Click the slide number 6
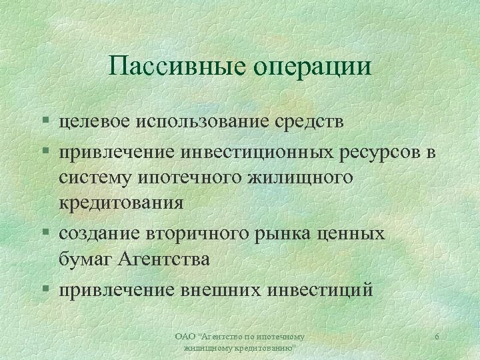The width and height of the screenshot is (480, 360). tap(436, 337)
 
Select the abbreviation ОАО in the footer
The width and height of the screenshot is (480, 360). tap(182, 337)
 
